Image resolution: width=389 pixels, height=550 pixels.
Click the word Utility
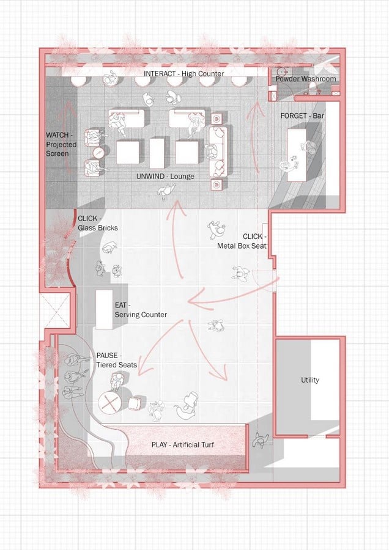pyautogui.click(x=309, y=380)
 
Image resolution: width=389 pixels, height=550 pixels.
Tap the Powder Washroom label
pyautogui.click(x=305, y=79)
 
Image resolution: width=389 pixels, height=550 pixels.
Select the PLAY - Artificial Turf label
pyautogui.click(x=182, y=445)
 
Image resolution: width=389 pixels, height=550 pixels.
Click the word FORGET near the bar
pyautogui.click(x=294, y=116)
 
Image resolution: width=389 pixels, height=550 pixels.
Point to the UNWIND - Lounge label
pyautogui.click(x=165, y=176)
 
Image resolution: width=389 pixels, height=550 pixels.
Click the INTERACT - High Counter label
pyautogui.click(x=183, y=74)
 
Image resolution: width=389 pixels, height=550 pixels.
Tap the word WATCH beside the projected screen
pyautogui.click(x=57, y=135)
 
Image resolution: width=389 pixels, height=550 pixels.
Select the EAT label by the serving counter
pyautogui.click(x=120, y=305)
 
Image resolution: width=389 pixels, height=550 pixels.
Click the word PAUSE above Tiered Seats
pyautogui.click(x=107, y=355)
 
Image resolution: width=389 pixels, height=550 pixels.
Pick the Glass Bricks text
pyautogui.click(x=98, y=228)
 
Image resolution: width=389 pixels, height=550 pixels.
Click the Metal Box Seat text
pyautogui.click(x=242, y=246)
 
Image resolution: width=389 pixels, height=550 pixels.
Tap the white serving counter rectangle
pyautogui.click(x=104, y=310)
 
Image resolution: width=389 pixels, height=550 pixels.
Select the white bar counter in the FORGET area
pyautogui.click(x=297, y=155)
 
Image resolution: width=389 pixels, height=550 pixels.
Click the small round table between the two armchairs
pyautogui.click(x=98, y=153)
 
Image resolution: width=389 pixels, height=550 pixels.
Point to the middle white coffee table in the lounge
pyautogui.click(x=157, y=153)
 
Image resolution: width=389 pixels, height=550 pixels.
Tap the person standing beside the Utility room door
pyautogui.click(x=261, y=440)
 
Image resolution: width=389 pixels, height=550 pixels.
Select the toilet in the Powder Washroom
pyautogui.click(x=313, y=89)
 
